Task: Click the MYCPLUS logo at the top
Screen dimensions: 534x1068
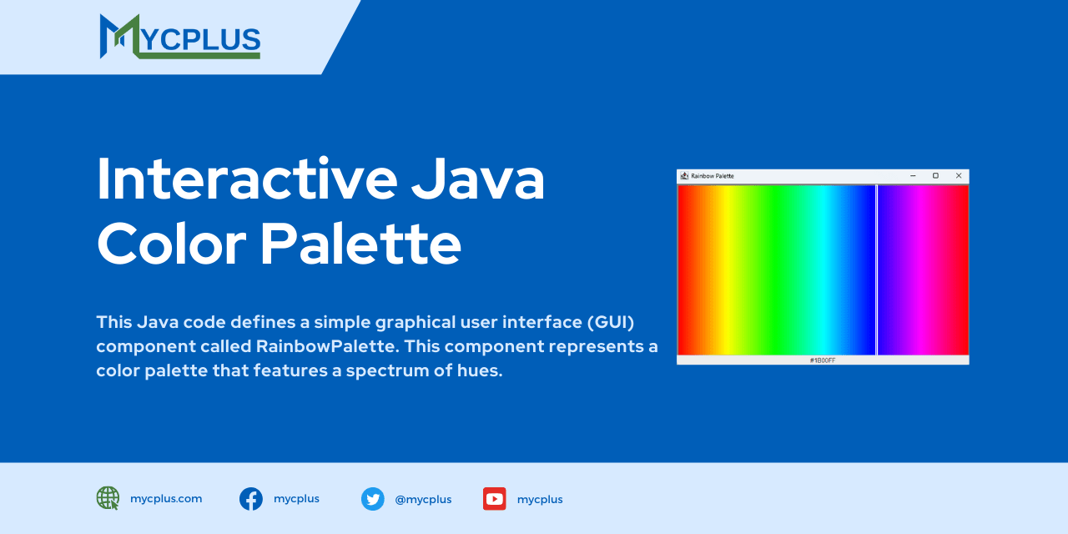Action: [179, 37]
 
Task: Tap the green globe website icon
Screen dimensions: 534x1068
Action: [108, 498]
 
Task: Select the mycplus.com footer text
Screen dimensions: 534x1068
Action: [166, 499]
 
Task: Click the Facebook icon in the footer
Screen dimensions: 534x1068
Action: [251, 499]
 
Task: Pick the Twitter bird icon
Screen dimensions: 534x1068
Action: [372, 499]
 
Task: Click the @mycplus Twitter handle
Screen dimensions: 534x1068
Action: [423, 500]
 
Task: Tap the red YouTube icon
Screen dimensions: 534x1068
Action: [494, 499]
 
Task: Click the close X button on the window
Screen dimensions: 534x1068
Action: [959, 175]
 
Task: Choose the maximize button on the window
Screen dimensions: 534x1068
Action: [935, 175]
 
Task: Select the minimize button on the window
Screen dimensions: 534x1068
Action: [913, 175]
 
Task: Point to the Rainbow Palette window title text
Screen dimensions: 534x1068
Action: [712, 176]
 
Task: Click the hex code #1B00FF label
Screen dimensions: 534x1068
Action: [823, 360]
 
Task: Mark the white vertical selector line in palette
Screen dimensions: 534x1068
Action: [877, 270]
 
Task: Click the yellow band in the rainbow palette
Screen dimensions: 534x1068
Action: [728, 270]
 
